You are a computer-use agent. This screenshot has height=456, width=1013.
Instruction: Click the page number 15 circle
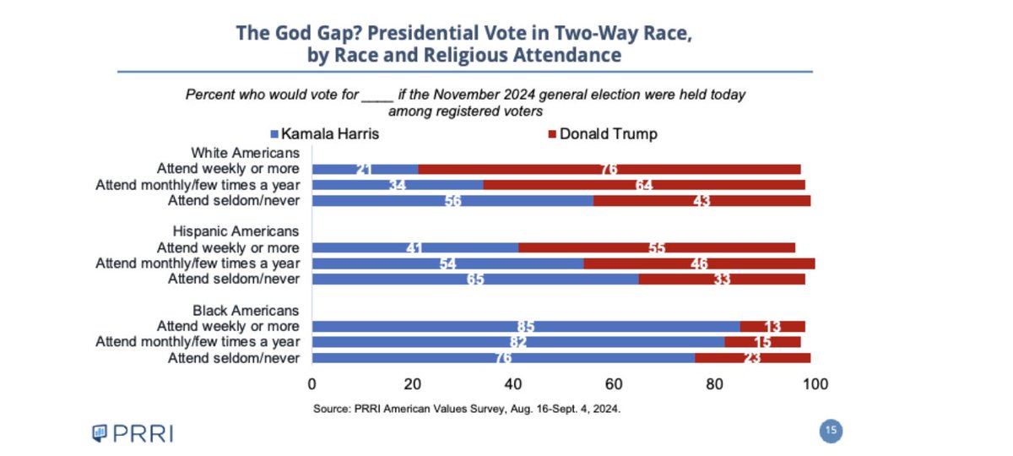831,432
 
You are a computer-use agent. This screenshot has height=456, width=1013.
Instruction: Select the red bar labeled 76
609,169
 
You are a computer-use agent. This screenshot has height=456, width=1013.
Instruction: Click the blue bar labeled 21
365,169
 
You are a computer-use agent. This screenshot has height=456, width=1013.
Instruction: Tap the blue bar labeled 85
526,326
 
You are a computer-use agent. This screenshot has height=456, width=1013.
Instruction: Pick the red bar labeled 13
772,326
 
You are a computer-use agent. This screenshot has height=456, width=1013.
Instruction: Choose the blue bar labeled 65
475,279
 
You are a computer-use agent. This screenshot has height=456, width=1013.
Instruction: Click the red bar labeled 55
656,247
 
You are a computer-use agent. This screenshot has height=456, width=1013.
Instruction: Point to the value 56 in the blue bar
452,201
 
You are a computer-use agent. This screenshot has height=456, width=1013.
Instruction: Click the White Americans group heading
245,153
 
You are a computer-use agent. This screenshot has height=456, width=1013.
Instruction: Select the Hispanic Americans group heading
236,231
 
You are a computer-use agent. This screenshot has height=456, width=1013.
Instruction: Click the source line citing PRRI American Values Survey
466,409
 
